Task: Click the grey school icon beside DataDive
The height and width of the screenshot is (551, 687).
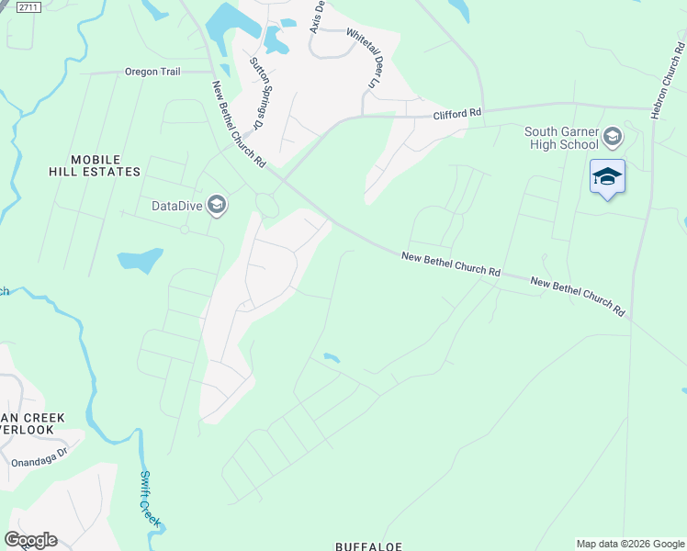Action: (217, 204)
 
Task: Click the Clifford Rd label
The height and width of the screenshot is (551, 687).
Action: (457, 113)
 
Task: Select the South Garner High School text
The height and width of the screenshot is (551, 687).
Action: (561, 138)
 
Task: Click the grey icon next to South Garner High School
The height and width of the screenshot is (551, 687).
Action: (613, 139)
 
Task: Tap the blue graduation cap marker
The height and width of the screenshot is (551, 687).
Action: (607, 176)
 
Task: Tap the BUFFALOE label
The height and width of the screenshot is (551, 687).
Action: (368, 545)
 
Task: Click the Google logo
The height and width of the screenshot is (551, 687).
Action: (30, 540)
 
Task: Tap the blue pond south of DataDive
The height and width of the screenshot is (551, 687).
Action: (141, 260)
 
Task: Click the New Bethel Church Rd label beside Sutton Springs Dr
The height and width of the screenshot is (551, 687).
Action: (238, 124)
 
